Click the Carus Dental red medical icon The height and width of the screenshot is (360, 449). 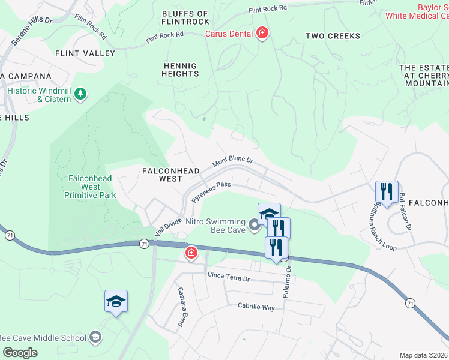click(262, 33)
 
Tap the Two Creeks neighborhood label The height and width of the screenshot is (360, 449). click(333, 36)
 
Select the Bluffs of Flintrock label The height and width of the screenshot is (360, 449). click(185, 18)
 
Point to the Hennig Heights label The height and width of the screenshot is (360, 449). click(180, 70)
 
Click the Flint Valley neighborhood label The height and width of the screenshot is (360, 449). click(85, 53)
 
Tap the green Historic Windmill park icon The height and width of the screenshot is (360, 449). click(80, 94)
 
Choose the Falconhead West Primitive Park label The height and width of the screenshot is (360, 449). click(91, 187)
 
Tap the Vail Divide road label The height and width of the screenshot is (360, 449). click(167, 227)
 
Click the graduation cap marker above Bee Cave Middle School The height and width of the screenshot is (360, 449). click(116, 302)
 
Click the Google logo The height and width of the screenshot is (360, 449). click(20, 353)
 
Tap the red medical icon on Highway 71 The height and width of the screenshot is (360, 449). click(191, 254)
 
